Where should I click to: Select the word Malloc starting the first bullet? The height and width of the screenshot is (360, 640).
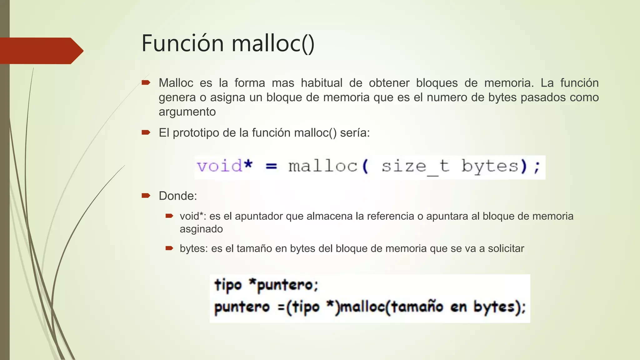point(176,83)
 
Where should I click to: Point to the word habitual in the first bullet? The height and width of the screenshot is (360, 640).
point(322,83)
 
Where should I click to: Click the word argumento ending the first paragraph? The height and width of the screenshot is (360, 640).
point(187,112)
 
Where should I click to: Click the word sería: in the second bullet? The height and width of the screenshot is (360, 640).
point(355,133)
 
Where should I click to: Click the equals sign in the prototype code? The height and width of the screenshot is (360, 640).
point(271,166)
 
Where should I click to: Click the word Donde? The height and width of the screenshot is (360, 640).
point(178,196)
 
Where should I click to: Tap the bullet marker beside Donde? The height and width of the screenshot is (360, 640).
point(146,196)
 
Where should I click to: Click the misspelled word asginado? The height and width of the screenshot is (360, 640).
point(201,229)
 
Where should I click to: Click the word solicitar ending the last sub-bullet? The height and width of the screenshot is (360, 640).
point(506,248)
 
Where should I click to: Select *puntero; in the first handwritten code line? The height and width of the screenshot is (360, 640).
point(283,285)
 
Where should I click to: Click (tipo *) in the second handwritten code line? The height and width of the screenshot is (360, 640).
point(313,307)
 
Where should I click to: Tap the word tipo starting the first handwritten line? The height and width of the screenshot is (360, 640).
point(228,285)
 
